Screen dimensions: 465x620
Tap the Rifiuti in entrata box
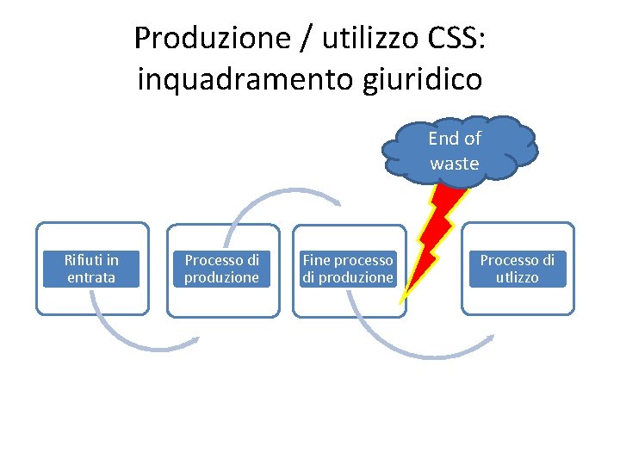[x=91, y=268]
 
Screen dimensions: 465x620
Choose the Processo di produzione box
[x=222, y=268]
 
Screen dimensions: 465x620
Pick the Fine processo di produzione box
[x=348, y=268]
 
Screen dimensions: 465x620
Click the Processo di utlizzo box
[x=518, y=268]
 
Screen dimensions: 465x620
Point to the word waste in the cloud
[x=455, y=164]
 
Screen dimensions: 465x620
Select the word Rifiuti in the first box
[x=84, y=259]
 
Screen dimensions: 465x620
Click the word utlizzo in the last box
[x=518, y=277]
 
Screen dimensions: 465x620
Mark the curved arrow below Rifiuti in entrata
[x=129, y=336]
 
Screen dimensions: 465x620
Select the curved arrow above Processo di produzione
[x=276, y=195]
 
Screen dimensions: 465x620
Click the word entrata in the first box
[x=91, y=277]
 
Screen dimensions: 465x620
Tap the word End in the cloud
[x=442, y=139]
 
